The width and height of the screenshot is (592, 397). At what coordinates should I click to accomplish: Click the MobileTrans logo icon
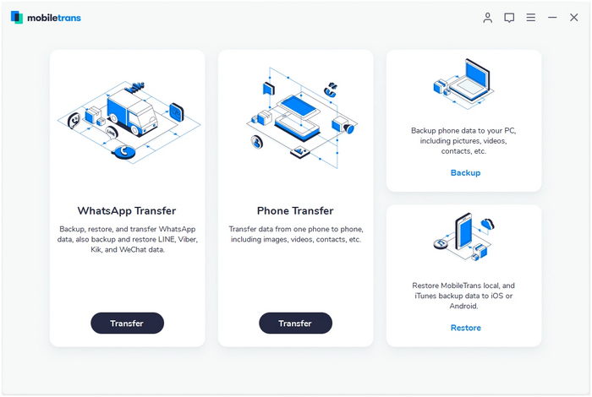[17, 18]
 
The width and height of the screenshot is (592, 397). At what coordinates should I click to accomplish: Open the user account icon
[487, 18]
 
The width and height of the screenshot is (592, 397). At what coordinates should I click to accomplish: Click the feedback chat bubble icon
[509, 18]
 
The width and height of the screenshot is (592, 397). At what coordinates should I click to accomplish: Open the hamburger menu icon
[531, 18]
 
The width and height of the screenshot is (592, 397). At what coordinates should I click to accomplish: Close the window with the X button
[574, 18]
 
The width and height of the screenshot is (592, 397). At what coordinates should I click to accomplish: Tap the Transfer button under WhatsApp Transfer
[127, 324]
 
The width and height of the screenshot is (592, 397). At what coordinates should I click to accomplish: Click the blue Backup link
[465, 172]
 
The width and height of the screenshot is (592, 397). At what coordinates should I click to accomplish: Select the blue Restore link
[465, 328]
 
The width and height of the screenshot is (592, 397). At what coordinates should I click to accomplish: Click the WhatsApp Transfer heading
[127, 210]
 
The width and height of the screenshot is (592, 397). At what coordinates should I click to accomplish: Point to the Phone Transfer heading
[295, 210]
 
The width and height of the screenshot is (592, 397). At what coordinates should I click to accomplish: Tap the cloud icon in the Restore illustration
[487, 224]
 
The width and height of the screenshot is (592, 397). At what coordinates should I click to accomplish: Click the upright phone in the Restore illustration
[464, 231]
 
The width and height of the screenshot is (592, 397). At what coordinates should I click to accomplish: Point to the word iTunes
[425, 296]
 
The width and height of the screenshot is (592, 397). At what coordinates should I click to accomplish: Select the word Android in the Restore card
[463, 306]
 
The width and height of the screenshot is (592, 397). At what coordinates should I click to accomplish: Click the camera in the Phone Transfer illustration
[343, 125]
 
